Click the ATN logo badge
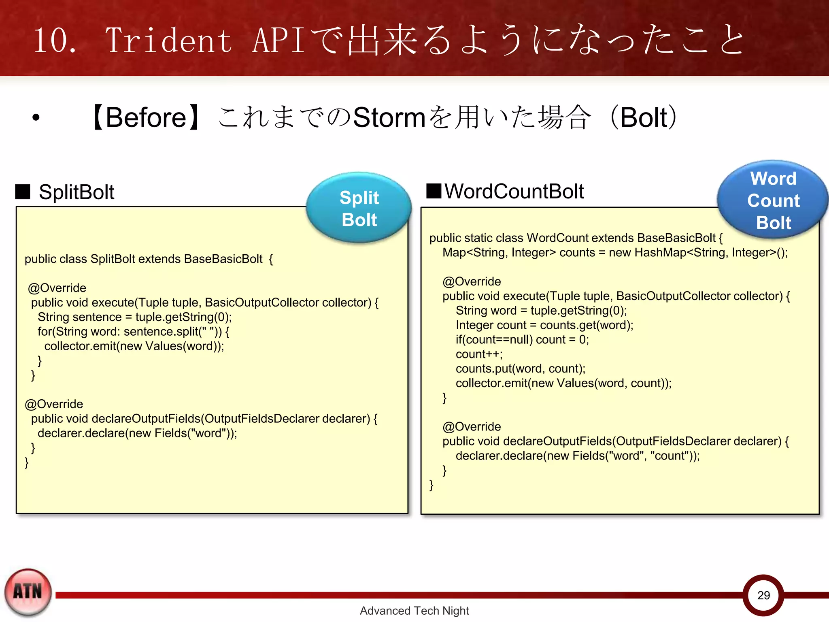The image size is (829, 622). [28, 592]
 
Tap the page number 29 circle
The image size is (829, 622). [763, 595]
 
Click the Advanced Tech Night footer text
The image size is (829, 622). [414, 611]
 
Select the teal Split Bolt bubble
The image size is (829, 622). [359, 208]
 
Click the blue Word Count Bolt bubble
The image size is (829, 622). [773, 200]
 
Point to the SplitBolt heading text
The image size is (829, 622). [76, 192]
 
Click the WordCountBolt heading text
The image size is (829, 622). [514, 191]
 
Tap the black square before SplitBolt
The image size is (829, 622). [23, 192]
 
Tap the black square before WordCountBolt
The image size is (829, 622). [434, 191]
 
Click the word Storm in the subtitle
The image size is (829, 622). [389, 117]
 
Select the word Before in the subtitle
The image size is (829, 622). [146, 117]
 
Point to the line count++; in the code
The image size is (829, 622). [479, 354]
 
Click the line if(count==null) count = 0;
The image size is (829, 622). [522, 339]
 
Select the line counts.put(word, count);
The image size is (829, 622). [521, 369]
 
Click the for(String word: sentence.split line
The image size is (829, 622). [134, 332]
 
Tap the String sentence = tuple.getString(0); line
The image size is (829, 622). [135, 317]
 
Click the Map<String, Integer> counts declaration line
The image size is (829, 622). [615, 253]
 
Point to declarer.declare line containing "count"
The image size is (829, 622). [578, 456]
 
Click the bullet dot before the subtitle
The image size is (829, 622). [36, 118]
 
